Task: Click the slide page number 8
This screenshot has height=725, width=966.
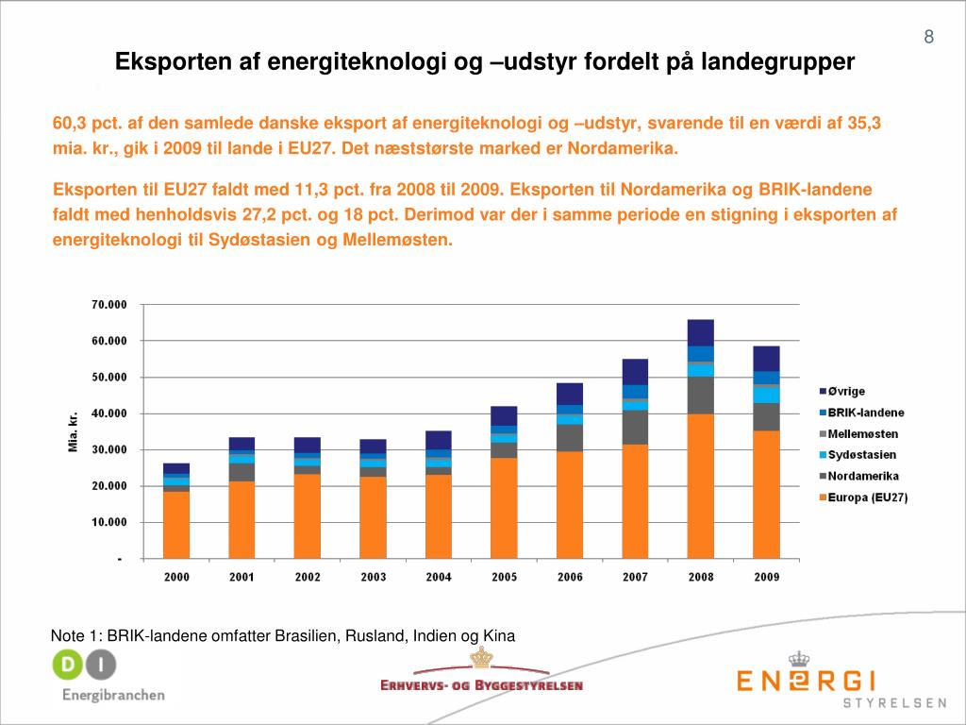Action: tap(929, 38)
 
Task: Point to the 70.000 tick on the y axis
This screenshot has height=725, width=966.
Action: tap(109, 305)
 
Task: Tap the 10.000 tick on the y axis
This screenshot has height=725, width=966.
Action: tap(109, 522)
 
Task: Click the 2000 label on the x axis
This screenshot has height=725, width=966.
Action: tap(176, 577)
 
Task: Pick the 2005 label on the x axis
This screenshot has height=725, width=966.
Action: tap(504, 577)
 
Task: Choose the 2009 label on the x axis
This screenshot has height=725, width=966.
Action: tap(766, 577)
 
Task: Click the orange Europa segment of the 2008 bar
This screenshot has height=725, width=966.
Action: tap(700, 486)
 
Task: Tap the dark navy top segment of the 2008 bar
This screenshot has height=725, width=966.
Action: tap(700, 332)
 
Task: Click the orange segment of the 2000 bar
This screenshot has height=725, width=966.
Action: tap(176, 525)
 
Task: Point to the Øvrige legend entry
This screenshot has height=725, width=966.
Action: tap(846, 392)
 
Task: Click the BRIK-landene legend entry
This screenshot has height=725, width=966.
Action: tap(865, 413)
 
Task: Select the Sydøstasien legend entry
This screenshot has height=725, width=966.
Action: tap(862, 455)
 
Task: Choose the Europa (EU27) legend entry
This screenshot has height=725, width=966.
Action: tap(867, 497)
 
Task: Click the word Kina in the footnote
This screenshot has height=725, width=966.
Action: tap(499, 635)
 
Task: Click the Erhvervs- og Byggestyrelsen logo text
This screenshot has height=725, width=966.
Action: tap(481, 685)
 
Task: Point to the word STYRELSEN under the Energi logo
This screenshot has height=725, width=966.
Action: tap(894, 703)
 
